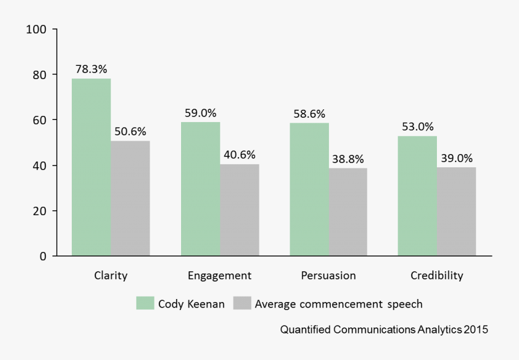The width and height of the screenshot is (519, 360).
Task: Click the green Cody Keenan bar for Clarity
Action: click(91, 167)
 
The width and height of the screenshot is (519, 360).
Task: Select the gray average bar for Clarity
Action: click(130, 198)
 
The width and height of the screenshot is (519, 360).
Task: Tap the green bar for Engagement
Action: click(200, 189)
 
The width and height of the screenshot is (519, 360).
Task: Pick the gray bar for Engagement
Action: click(240, 210)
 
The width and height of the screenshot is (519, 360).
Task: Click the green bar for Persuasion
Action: click(309, 190)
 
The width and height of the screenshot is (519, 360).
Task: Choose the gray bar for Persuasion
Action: click(348, 212)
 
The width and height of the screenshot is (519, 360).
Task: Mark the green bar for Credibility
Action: click(418, 196)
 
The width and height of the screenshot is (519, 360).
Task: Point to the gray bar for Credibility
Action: click(457, 211)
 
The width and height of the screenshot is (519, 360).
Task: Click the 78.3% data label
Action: click(91, 69)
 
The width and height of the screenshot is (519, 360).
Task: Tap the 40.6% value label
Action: click(240, 155)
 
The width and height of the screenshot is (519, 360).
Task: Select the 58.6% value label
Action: click(309, 114)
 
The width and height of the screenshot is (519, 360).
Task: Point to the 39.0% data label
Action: click(457, 158)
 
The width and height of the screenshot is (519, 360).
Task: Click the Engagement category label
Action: click(220, 275)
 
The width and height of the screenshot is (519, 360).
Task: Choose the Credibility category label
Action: click(437, 275)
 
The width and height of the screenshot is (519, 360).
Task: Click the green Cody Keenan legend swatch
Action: click(145, 303)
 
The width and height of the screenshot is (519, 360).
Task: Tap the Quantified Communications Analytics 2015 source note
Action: click(384, 330)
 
